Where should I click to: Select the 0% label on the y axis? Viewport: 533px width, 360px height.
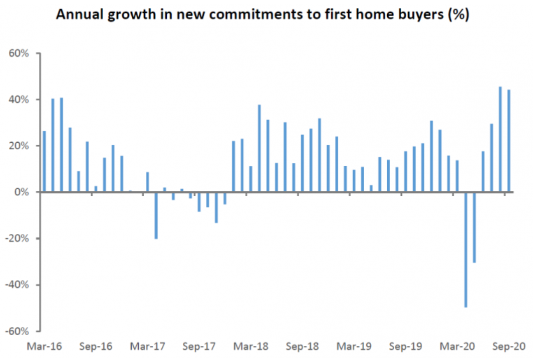[x=23, y=192]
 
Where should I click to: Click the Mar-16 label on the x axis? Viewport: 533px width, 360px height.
[x=45, y=346]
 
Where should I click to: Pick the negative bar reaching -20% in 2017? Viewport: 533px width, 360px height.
[x=156, y=215]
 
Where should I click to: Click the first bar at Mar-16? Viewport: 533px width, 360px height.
[x=45, y=161]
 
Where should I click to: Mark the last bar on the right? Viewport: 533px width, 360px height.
[x=508, y=141]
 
